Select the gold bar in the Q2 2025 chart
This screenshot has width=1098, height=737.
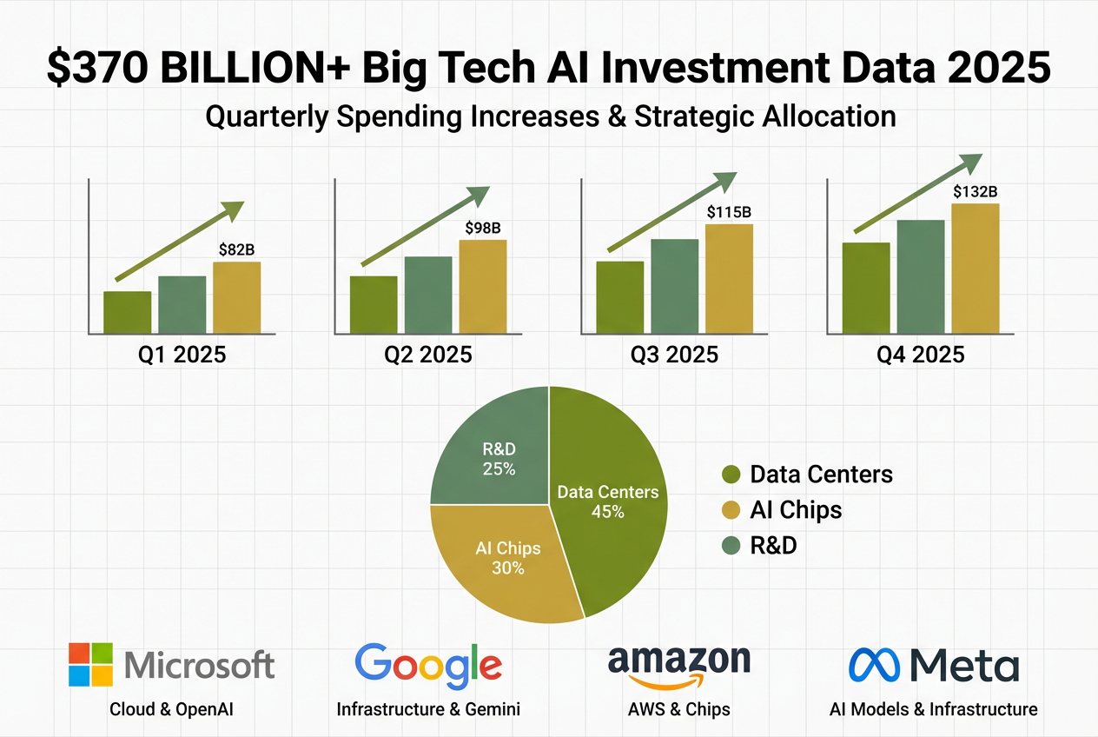[x=482, y=286]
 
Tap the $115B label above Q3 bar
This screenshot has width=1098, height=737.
[x=728, y=212]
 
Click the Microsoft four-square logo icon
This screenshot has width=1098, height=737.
[x=91, y=665]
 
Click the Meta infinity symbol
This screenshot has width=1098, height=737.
[x=874, y=666]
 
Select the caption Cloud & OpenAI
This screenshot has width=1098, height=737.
[x=171, y=709]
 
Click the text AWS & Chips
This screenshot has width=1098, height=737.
[x=678, y=709]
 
